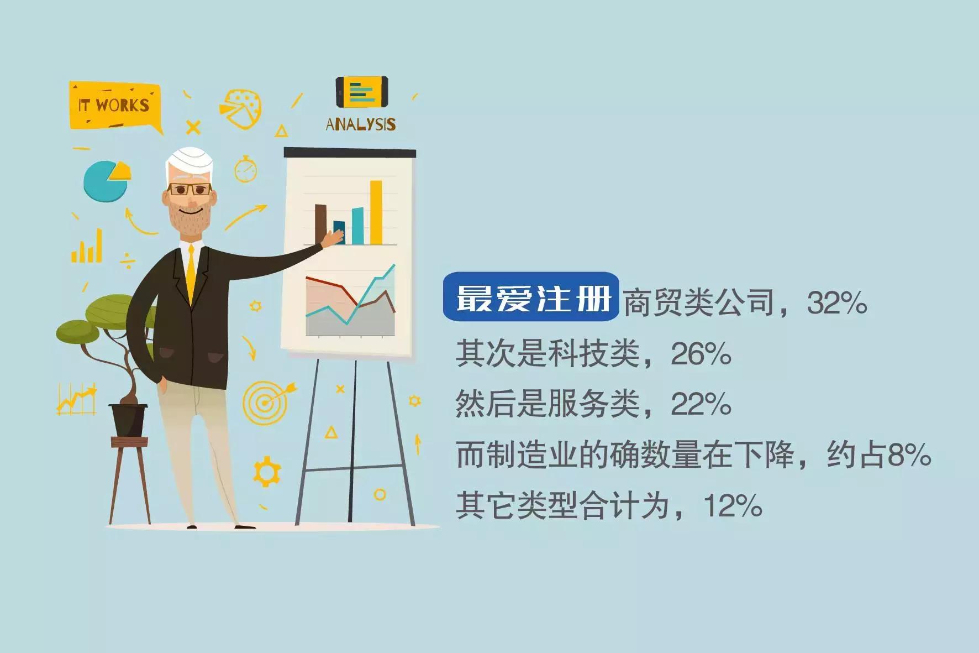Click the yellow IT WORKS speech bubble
[114, 105]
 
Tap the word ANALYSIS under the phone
[360, 124]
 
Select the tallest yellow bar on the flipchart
[376, 212]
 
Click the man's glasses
[190, 190]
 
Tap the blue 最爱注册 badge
[531, 297]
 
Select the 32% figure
[836, 303]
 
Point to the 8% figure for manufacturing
[909, 455]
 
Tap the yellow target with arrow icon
[266, 401]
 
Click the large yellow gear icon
[267, 472]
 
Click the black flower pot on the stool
[128, 420]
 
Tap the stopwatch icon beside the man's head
[245, 170]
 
